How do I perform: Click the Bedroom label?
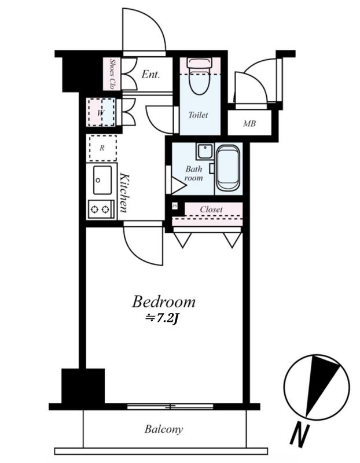[163, 302]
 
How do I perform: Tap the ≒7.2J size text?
[161, 318]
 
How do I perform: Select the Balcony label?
[164, 429]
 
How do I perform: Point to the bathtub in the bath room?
[227, 168]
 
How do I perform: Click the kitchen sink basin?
[102, 180]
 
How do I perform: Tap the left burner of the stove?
[94, 210]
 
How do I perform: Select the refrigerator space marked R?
[103, 148]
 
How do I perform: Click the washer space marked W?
[101, 112]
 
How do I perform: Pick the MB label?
[249, 123]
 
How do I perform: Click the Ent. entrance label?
[150, 74]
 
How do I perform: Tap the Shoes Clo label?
[112, 74]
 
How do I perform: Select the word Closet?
[211, 210]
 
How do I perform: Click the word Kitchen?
[124, 193]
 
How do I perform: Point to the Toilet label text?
[198, 115]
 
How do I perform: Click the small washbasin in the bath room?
[205, 152]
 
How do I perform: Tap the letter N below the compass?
[299, 436]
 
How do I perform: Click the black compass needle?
[321, 385]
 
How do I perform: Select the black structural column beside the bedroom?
[83, 385]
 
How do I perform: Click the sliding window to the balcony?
[170, 407]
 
